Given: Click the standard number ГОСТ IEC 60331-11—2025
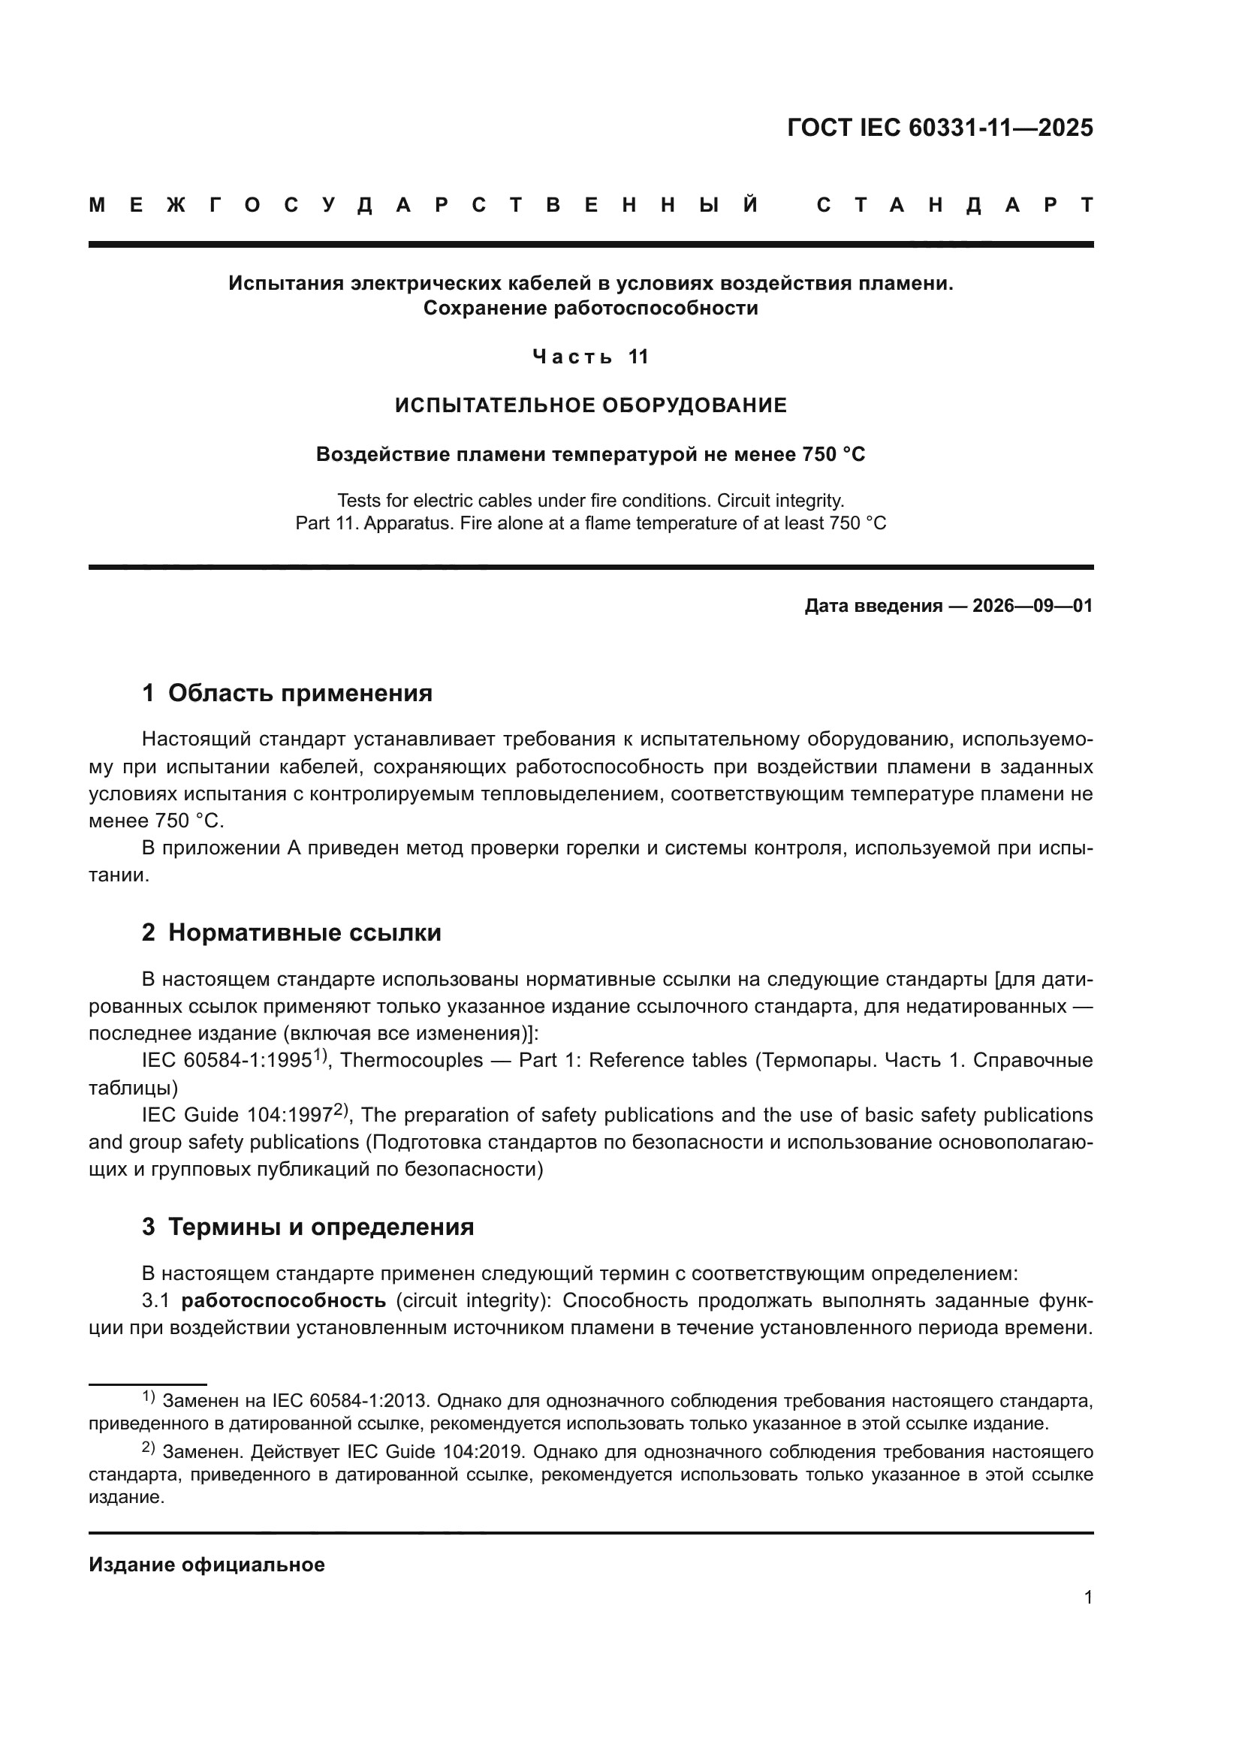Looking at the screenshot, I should [940, 128].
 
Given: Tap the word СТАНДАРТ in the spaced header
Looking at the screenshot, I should [954, 205].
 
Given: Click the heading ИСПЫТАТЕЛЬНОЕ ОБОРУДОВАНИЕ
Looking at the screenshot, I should [590, 405].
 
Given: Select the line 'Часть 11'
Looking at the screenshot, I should [590, 357].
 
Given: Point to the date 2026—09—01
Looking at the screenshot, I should [1032, 607].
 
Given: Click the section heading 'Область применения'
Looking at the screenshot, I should [300, 693].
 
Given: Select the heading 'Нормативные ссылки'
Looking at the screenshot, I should [304, 933].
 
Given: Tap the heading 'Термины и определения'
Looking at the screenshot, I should [321, 1227].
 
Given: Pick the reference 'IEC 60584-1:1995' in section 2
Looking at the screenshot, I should [226, 1061].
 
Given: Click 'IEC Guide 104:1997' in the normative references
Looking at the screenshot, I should [237, 1115].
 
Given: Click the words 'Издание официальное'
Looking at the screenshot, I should [206, 1565].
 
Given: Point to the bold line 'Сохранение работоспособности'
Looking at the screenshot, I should [590, 309].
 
